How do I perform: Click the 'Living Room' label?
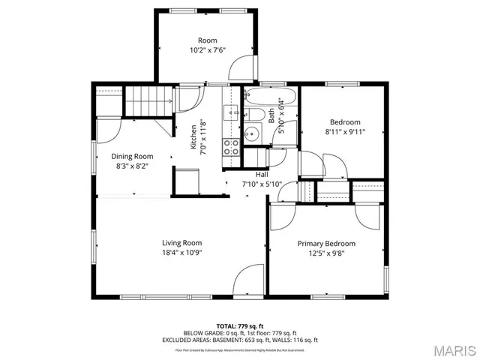tap(182, 242)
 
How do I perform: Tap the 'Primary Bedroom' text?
tap(326, 244)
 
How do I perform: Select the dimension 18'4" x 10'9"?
tap(182, 253)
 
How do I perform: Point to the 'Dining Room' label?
tap(133, 157)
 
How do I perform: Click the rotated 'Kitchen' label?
tap(193, 137)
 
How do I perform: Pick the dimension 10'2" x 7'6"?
tap(207, 50)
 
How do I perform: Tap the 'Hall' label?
tap(262, 174)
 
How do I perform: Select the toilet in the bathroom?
tap(256, 115)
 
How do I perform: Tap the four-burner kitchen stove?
tap(232, 146)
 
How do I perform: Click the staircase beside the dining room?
tap(145, 100)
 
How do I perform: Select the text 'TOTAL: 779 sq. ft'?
tap(240, 326)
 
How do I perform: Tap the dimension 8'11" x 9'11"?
tap(346, 133)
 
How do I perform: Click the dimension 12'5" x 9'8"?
tap(326, 254)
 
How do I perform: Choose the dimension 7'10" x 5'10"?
tap(262, 184)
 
